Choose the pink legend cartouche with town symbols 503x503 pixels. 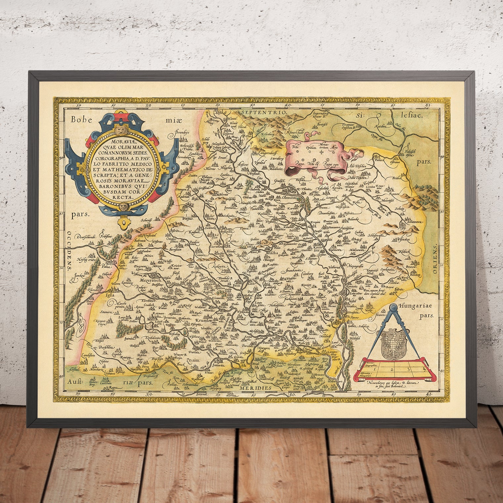(319, 155)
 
